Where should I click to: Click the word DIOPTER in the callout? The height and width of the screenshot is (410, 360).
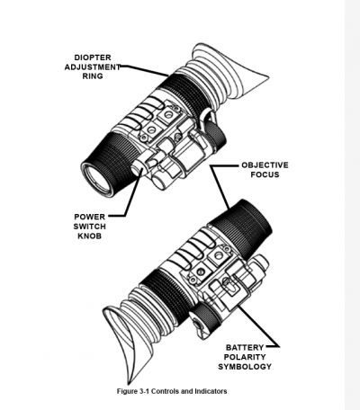point(93,58)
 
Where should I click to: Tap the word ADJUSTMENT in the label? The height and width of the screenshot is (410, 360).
point(93,67)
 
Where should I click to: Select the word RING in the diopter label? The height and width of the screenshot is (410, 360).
point(93,76)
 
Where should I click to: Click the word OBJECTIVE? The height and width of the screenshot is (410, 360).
point(265,165)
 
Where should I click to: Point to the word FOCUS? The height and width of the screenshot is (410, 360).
point(265,174)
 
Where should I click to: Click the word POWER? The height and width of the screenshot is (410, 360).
point(90,217)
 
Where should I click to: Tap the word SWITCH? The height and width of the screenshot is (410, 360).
point(90,227)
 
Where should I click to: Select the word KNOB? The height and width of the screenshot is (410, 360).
point(90,236)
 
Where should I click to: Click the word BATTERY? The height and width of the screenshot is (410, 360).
point(245,348)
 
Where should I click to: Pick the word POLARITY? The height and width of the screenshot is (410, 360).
point(245,357)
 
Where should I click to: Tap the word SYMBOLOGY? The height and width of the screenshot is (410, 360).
point(245,367)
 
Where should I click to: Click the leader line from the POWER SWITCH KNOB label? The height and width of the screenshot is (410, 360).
point(132,195)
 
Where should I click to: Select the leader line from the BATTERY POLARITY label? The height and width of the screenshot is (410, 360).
point(259,326)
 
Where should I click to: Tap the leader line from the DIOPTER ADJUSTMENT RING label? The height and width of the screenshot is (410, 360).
point(144,70)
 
